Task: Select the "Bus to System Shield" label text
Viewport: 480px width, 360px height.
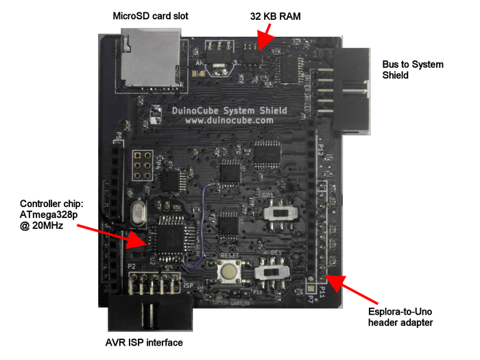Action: (x=412, y=70)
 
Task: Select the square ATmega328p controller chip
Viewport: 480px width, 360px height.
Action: (x=168, y=237)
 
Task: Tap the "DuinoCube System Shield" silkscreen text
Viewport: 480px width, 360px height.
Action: (x=228, y=110)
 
